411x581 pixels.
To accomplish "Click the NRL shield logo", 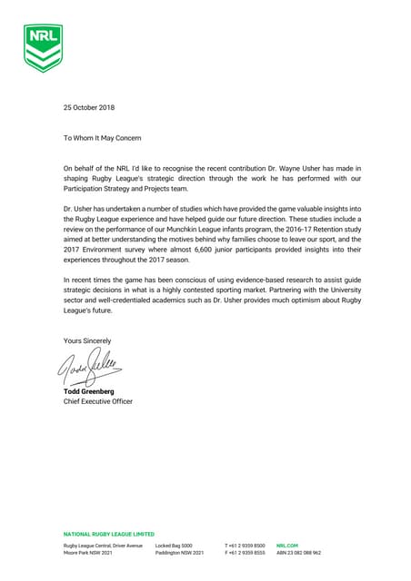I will [44, 47].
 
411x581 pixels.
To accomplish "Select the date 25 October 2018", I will [89, 108].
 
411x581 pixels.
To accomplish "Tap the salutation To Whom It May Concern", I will [102, 137].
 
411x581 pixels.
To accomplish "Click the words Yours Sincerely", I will [88, 340].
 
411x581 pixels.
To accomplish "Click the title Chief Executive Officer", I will [97, 400].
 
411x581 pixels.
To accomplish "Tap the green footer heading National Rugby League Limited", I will [109, 535].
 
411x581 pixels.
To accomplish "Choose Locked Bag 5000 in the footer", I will [174, 545].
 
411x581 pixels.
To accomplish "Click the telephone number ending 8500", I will [246, 545].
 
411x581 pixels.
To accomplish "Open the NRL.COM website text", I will [287, 545].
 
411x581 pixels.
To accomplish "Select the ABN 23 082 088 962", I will [298, 552].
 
